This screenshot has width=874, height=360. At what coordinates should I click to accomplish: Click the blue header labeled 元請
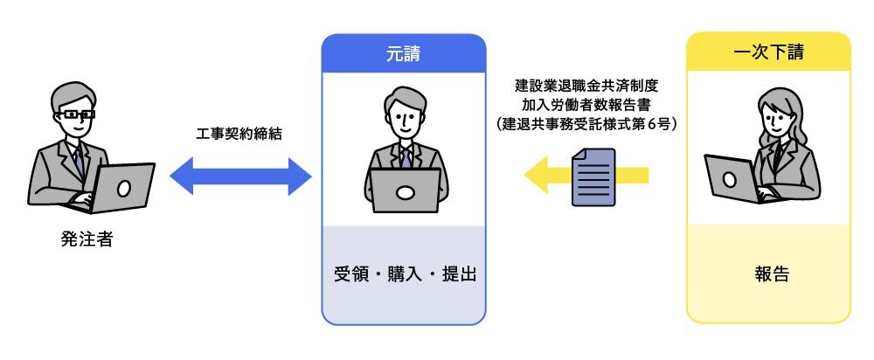click(403, 53)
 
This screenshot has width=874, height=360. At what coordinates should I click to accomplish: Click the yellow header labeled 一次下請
click(768, 52)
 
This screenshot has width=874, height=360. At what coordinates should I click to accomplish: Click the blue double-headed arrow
click(240, 177)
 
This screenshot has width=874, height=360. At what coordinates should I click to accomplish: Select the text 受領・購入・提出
click(403, 273)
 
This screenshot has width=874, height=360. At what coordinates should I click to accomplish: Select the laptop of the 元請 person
click(404, 190)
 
